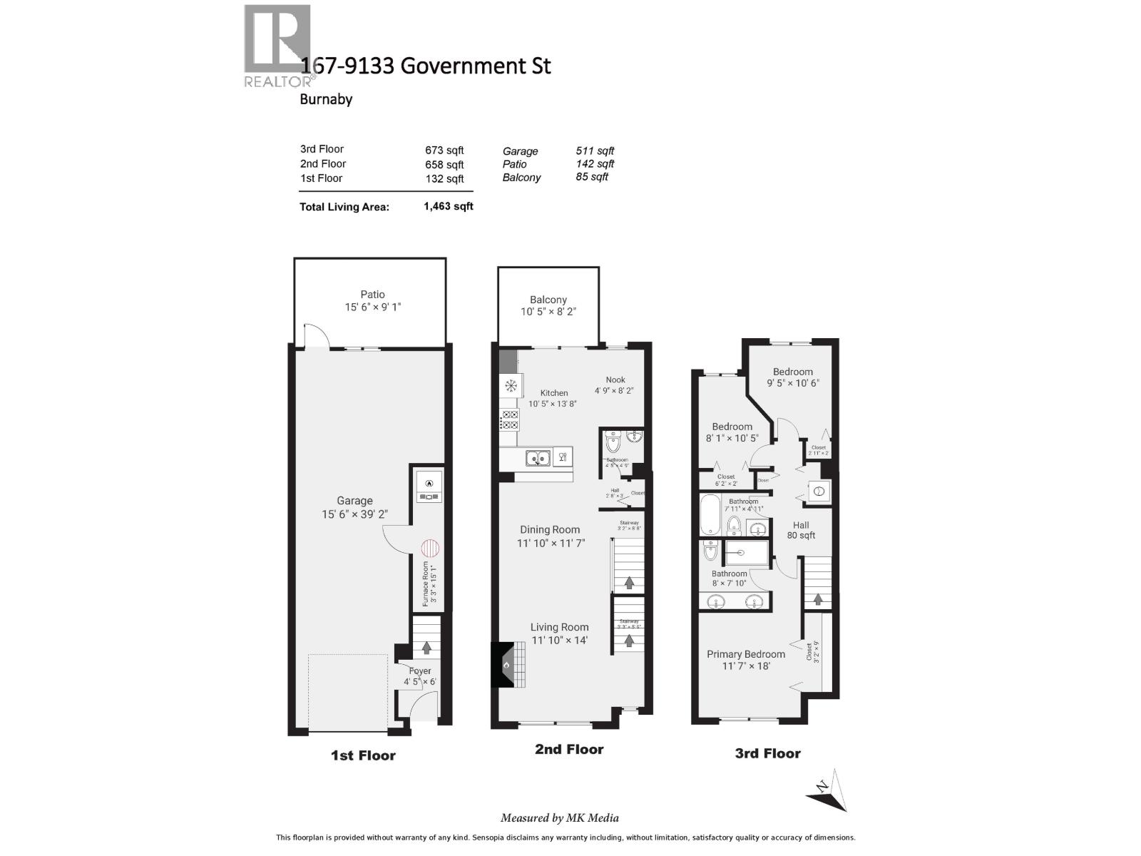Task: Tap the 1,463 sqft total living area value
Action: [x=448, y=206]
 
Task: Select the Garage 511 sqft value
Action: [x=595, y=151]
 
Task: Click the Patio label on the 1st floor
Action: [x=372, y=294]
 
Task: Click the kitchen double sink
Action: [x=538, y=458]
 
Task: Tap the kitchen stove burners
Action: [x=510, y=419]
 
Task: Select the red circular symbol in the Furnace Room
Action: [x=429, y=549]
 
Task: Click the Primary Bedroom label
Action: [x=745, y=654]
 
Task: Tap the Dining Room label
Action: [x=549, y=529]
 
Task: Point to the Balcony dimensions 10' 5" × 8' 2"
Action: [x=548, y=312]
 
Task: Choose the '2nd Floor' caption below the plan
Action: [x=568, y=749]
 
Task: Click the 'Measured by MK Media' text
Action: [x=559, y=818]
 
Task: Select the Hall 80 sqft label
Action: [x=801, y=530]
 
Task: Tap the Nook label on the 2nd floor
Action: [x=615, y=379]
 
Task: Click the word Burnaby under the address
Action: [x=326, y=99]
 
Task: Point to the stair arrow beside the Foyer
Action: [x=426, y=647]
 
